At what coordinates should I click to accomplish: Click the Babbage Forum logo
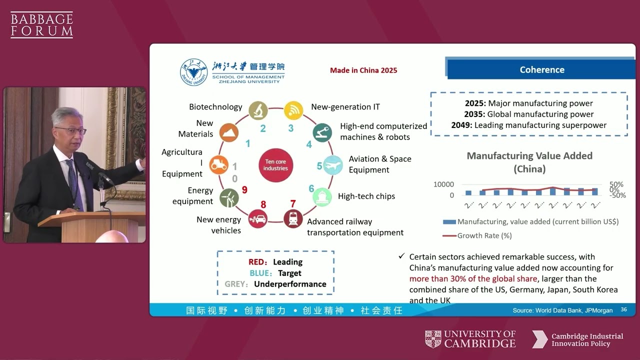41,25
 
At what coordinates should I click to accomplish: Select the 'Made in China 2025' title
363,70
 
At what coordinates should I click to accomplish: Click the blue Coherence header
541,69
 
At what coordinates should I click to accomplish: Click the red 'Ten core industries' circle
275,165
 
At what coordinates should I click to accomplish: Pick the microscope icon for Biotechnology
258,109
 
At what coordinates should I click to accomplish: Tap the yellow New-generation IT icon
293,109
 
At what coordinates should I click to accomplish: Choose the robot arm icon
322,132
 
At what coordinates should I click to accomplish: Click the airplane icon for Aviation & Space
333,164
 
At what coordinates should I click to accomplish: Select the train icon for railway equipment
293,218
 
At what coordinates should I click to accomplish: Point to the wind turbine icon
228,197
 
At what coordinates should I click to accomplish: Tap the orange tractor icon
218,164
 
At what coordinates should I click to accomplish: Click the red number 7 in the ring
293,203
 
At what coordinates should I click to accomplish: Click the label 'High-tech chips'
366,196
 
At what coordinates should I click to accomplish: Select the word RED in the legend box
258,262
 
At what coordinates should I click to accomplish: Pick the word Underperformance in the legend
290,284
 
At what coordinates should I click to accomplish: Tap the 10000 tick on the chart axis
443,184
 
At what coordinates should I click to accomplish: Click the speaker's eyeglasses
70,130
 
